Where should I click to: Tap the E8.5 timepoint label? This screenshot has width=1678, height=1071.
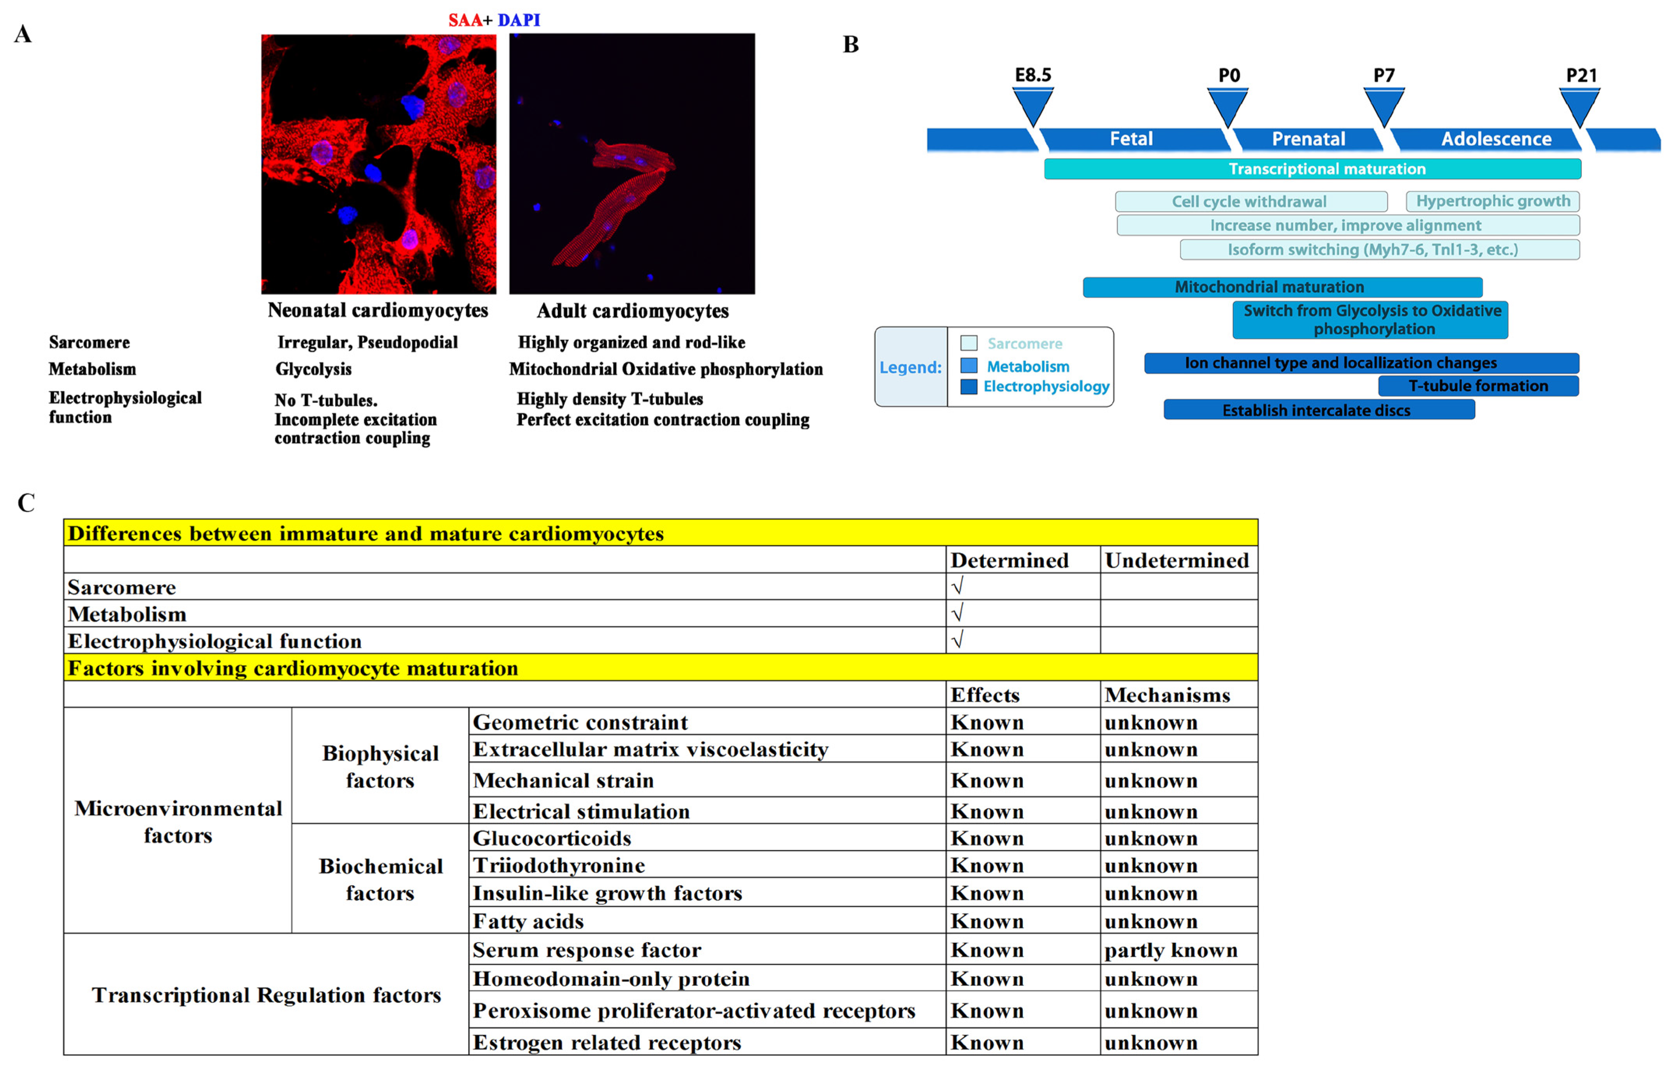pyautogui.click(x=1033, y=75)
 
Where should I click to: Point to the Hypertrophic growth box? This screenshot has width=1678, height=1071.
pyautogui.click(x=1493, y=201)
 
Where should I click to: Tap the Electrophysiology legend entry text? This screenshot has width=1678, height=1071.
pyautogui.click(x=1046, y=386)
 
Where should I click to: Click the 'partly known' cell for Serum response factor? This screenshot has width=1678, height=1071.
pyautogui.click(x=1171, y=950)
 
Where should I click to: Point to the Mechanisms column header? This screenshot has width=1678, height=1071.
pyautogui.click(x=1167, y=695)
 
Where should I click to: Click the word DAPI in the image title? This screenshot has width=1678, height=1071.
pyautogui.click(x=519, y=20)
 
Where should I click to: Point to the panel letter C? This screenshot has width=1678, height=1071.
pyautogui.click(x=26, y=502)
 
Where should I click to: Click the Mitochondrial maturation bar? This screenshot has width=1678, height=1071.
pyautogui.click(x=1282, y=287)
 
